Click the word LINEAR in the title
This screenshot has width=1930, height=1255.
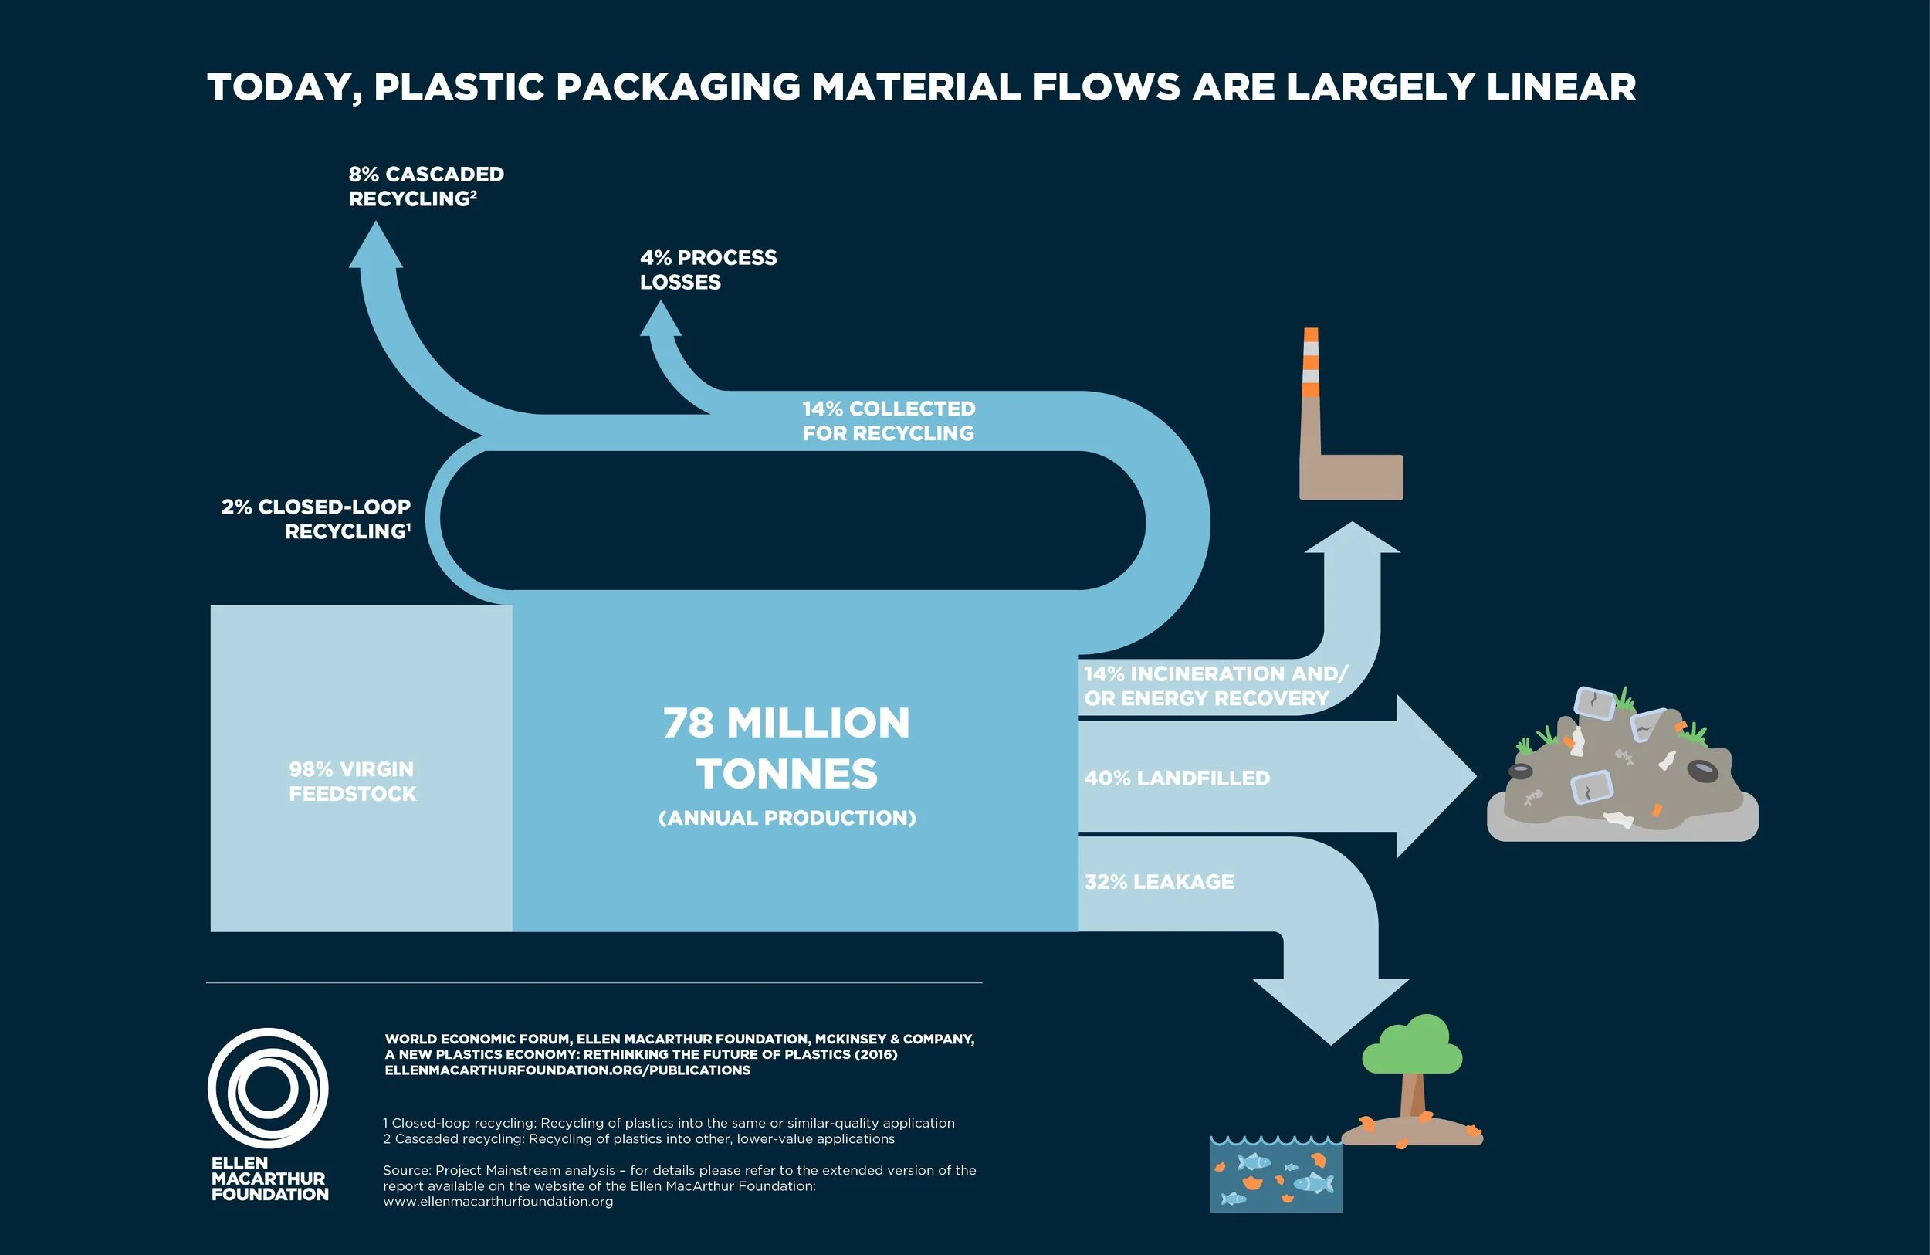click(1560, 87)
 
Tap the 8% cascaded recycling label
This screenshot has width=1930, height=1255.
click(425, 187)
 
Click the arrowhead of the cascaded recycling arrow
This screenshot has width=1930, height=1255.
click(375, 246)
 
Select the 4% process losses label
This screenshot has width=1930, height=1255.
click(707, 270)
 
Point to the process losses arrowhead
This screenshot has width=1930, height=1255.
click(660, 320)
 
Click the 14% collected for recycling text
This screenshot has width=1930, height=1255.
click(888, 421)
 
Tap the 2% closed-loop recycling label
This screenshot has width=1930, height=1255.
click(317, 519)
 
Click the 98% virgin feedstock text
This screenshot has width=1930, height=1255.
click(352, 782)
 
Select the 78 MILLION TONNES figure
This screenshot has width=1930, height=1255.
click(786, 747)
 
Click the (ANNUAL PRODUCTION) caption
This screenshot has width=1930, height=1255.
click(787, 818)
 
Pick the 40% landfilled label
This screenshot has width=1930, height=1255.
click(1177, 778)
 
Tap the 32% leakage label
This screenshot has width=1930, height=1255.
click(1159, 882)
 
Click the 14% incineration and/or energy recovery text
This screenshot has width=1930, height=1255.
click(1215, 687)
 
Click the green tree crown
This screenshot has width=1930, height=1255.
click(1413, 1047)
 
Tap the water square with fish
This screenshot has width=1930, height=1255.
click(1275, 1175)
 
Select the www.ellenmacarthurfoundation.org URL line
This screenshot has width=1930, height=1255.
click(498, 1202)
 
